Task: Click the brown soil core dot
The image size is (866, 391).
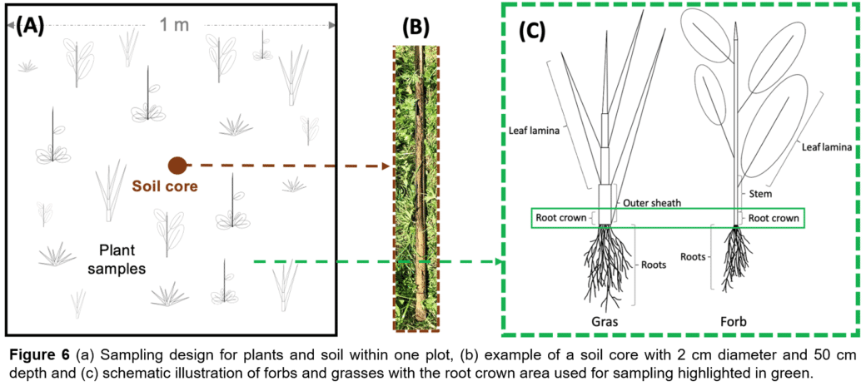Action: point(177,165)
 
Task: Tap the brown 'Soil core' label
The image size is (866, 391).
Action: point(164,186)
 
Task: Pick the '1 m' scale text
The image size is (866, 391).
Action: point(175,25)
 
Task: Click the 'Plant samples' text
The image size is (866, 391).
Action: point(117,260)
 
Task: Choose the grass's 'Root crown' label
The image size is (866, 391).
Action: point(561,218)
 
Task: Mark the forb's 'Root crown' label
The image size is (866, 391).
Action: point(774,218)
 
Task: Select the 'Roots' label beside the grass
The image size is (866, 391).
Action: point(654,265)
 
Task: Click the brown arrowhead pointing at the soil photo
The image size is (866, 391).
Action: point(386,165)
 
